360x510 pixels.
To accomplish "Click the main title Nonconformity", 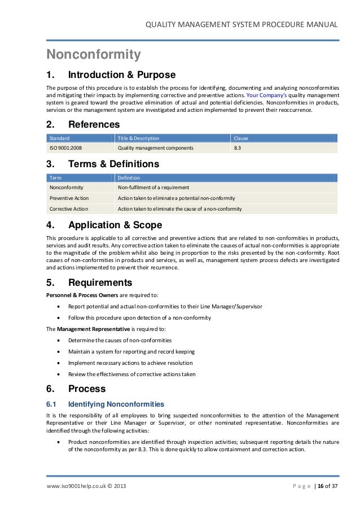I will (x=93, y=55).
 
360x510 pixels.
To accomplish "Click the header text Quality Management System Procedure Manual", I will (x=242, y=24).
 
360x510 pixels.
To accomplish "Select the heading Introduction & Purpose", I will (x=121, y=75).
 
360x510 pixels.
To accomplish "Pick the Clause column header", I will (x=241, y=138).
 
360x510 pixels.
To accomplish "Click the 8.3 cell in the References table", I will (x=238, y=149).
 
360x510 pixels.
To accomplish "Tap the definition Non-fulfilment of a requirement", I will (x=153, y=188).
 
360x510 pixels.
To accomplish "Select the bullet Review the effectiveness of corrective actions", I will (x=131, y=374).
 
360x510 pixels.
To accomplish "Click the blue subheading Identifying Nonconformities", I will (x=116, y=404).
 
